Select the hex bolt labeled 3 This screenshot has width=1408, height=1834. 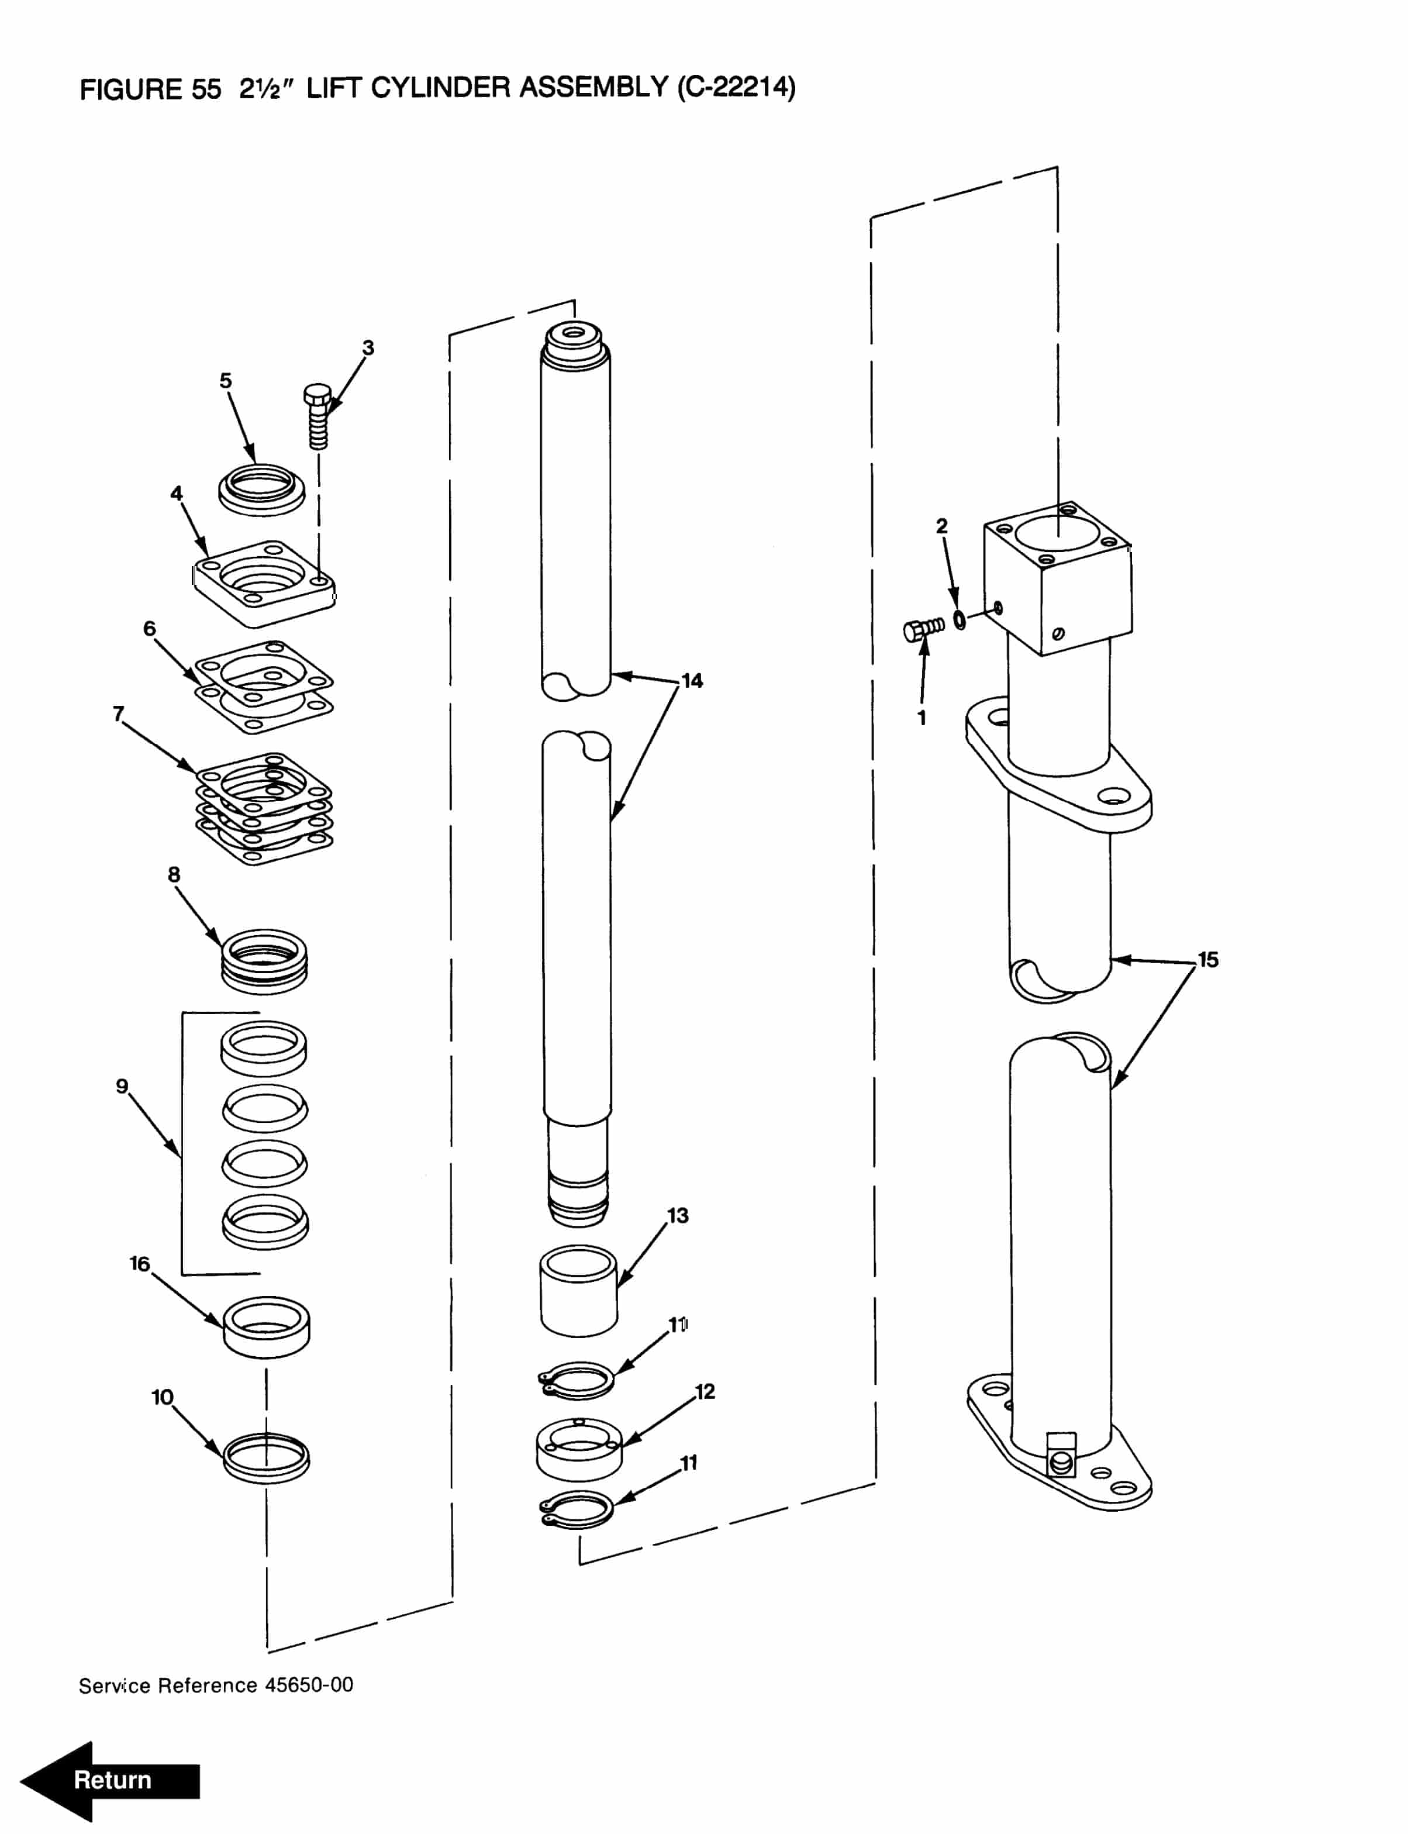click(318, 416)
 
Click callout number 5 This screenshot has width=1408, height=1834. click(226, 381)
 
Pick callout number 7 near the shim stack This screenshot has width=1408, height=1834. click(119, 713)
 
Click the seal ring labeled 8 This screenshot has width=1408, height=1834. click(264, 961)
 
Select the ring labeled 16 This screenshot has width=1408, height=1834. click(265, 1327)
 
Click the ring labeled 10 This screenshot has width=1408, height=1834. click(265, 1459)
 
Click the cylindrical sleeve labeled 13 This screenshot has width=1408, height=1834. click(578, 1291)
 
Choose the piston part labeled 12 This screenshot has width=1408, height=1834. click(578, 1449)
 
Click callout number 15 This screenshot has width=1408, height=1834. click(1207, 960)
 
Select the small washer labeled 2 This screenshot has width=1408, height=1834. click(960, 621)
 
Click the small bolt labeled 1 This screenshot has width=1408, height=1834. click(923, 628)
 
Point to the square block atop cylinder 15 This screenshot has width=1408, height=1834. click(1058, 578)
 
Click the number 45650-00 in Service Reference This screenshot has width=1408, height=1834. click(309, 1685)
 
